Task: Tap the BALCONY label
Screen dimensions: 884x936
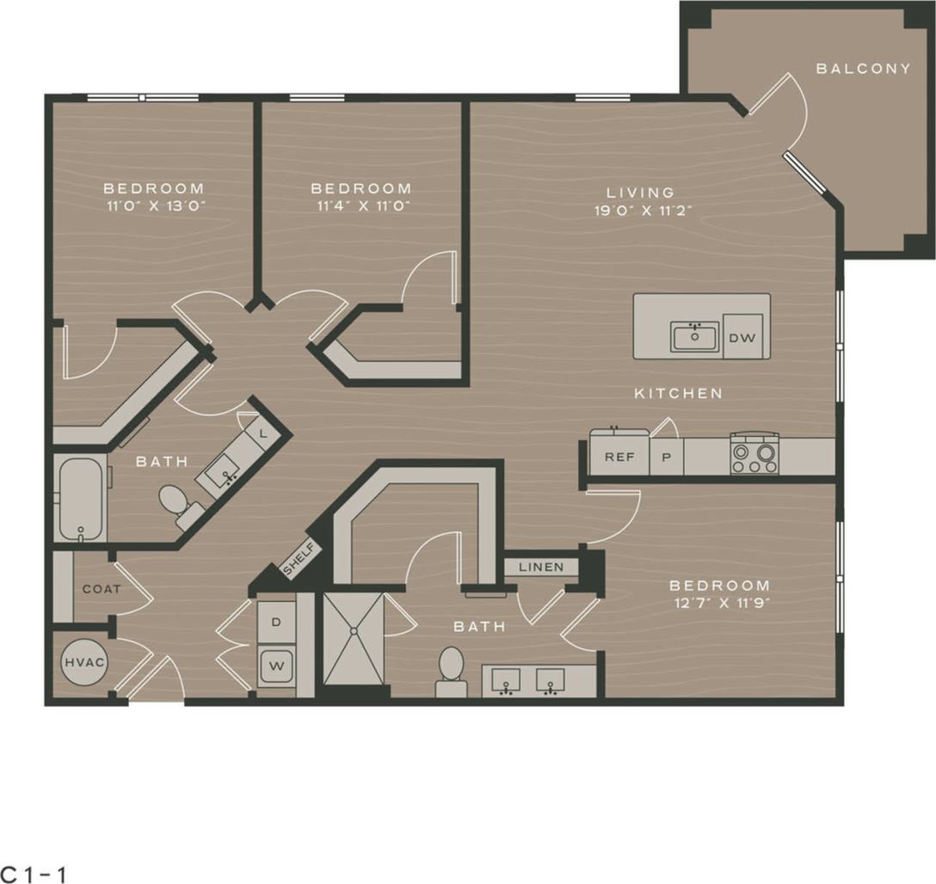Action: pos(863,69)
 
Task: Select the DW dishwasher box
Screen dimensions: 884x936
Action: pos(742,338)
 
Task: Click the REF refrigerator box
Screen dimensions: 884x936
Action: pos(619,457)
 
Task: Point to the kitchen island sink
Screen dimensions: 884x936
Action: pos(694,336)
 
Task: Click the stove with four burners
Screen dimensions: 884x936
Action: pos(754,454)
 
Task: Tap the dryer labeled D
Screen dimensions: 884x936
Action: pos(277,620)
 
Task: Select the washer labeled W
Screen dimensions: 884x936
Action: pos(277,665)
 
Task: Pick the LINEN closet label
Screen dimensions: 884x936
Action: pos(541,567)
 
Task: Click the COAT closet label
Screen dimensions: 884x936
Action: pos(101,589)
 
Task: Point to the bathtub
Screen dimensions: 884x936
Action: pos(81,499)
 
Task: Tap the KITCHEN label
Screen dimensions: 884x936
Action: pos(678,393)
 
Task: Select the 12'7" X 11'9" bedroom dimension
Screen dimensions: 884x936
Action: pos(719,603)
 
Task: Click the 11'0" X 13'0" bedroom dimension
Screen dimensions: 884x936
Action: pos(154,206)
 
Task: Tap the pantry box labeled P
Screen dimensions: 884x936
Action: pos(666,457)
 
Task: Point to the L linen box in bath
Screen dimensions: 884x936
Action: pos(262,433)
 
